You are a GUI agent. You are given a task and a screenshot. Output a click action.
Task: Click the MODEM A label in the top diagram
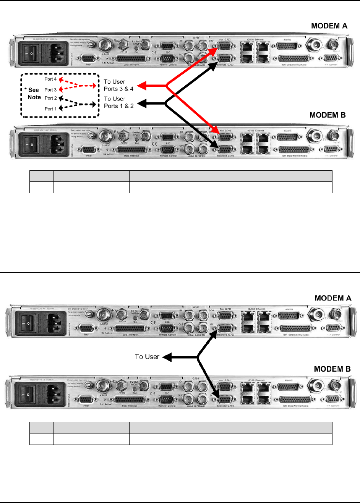pos(329,26)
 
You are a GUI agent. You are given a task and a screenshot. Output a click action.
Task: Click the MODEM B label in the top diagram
pos(328,115)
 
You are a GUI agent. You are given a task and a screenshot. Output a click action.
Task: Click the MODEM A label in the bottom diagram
pos(332,298)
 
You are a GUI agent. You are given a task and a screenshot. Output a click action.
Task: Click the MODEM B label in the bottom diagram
pos(332,369)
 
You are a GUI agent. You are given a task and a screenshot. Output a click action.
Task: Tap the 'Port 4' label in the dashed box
pos(50,79)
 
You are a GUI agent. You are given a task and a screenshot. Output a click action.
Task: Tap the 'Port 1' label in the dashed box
pos(50,109)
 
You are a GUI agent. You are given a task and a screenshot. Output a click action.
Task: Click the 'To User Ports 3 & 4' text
pos(118,85)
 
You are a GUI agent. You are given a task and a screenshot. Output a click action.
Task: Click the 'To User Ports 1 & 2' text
pos(118,102)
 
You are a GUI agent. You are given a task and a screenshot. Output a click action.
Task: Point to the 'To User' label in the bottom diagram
pos(147,357)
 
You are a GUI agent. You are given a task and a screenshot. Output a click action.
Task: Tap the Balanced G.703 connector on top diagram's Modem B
pos(225,149)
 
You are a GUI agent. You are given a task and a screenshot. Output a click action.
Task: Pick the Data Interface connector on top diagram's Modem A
pos(131,59)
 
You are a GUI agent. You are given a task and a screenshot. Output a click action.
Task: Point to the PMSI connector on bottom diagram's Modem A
pos(86,329)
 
